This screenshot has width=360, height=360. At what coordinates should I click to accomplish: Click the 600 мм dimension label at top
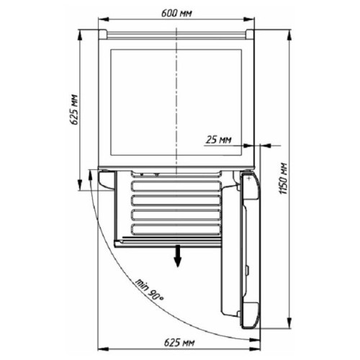coord(176,14)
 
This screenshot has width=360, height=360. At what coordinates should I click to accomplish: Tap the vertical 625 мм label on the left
coord(75,109)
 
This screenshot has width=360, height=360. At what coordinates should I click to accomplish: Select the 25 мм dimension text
coord(219,140)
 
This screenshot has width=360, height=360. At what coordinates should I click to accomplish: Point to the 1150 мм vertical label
coord(283,179)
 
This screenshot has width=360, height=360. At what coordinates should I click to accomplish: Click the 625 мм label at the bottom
coord(179,343)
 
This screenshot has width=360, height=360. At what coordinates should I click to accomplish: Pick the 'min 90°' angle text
coord(149,290)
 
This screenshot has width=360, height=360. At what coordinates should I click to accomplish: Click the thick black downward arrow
coord(177,256)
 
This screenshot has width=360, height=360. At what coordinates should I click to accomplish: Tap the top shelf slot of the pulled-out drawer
coord(176,186)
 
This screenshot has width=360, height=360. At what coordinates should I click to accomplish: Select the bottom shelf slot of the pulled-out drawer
coord(176,229)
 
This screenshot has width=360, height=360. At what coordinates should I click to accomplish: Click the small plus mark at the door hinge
coord(249,179)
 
